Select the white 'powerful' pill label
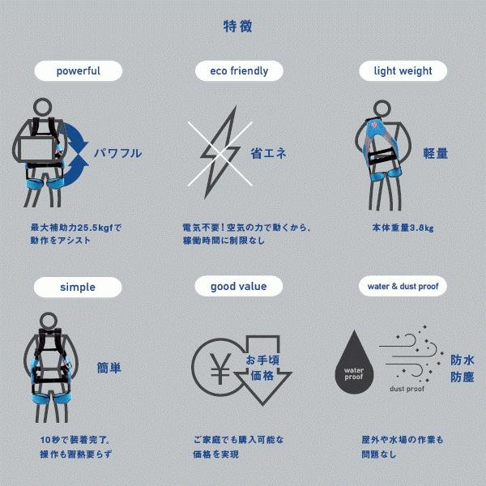(x=79, y=71)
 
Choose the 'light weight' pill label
(x=403, y=71)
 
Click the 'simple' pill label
(x=78, y=287)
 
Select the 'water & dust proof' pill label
(x=403, y=286)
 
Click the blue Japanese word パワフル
(x=117, y=153)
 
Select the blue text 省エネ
(x=268, y=152)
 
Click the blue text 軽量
(x=435, y=153)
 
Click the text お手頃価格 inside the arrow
(x=261, y=368)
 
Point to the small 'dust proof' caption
(x=407, y=389)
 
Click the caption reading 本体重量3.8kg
(x=403, y=228)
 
